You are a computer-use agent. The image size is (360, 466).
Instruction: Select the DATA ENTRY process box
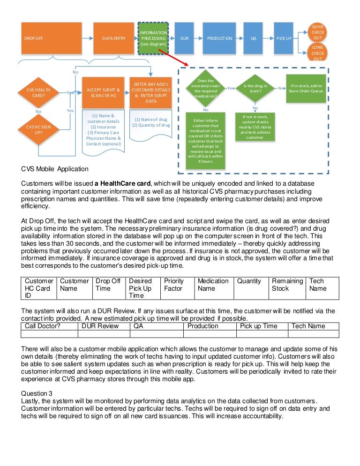point(114,38)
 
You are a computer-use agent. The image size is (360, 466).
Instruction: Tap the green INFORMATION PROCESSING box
point(153,38)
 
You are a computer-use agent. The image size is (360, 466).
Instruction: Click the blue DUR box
point(184,38)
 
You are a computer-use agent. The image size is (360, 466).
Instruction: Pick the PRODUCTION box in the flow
point(219,38)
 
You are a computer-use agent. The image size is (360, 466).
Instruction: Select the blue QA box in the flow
point(253,38)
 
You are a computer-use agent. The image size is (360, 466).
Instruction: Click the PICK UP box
point(284,38)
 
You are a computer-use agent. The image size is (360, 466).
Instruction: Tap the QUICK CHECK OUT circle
point(317,32)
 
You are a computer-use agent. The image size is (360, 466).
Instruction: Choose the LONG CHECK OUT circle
point(317,53)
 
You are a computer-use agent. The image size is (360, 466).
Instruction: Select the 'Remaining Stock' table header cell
point(287,285)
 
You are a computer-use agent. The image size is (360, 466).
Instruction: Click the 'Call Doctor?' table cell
point(49,326)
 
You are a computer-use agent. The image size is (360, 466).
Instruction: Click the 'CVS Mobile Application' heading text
point(54,169)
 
